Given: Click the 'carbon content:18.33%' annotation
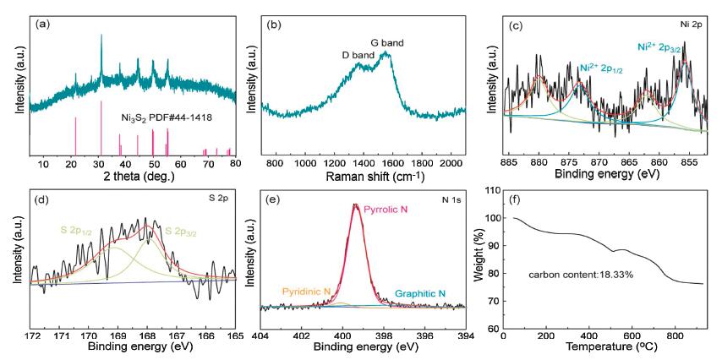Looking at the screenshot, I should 581,275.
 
